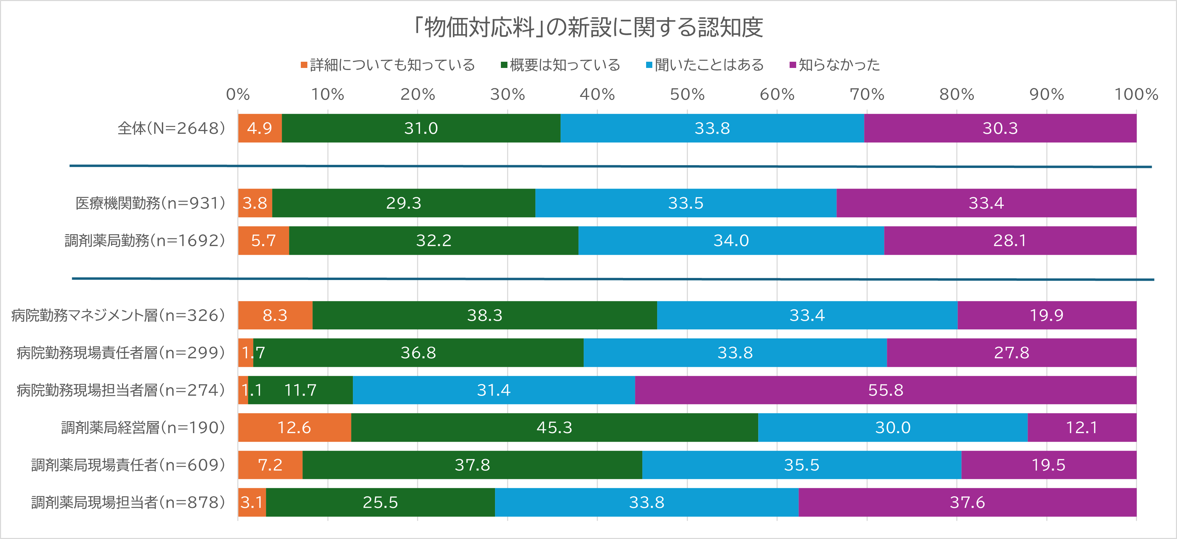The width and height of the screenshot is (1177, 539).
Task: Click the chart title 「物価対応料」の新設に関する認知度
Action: [x=588, y=27]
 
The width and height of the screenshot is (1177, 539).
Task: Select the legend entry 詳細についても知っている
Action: [x=388, y=65]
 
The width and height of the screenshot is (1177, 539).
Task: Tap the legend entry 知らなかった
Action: [x=835, y=65]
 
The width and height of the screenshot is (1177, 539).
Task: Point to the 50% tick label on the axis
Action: [x=687, y=94]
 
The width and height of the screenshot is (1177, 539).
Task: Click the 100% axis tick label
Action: [x=1136, y=94]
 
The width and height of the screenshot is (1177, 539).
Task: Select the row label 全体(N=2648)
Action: [x=171, y=128]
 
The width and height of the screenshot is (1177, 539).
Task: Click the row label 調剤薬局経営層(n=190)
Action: [x=143, y=428]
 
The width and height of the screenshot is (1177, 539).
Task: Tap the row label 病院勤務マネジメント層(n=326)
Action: [x=118, y=315]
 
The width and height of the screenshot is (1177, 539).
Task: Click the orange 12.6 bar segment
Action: [x=294, y=428]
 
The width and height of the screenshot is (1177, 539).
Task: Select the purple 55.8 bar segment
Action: [x=886, y=390]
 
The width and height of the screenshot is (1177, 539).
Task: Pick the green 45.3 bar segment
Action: [x=554, y=428]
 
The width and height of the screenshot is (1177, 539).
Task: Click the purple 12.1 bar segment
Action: [x=1081, y=428]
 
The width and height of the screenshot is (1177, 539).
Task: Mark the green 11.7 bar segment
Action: [x=300, y=390]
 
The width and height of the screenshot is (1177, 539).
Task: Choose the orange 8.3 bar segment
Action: [x=275, y=315]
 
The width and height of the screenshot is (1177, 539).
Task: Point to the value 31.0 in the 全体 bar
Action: [x=421, y=128]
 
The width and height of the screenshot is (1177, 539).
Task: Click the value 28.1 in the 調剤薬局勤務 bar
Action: [x=1010, y=241]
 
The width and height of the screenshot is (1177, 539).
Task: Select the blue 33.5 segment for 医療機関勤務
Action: [x=685, y=203]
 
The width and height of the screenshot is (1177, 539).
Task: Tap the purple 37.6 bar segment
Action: [x=967, y=502]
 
